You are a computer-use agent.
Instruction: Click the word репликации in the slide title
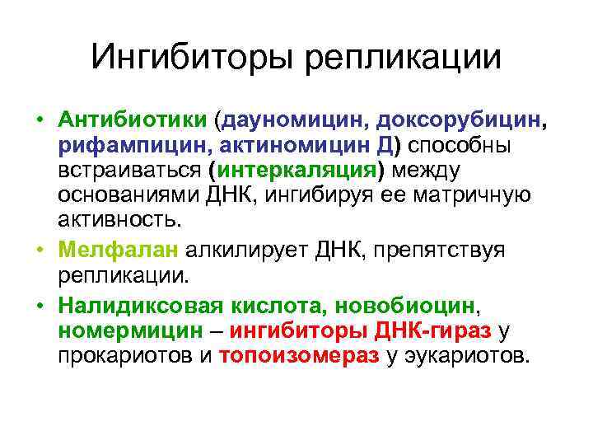click(x=403, y=58)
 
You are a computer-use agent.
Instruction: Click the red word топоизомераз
click(x=300, y=357)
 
